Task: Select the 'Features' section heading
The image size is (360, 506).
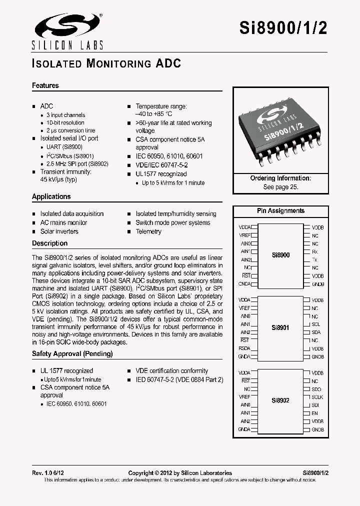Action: (45, 85)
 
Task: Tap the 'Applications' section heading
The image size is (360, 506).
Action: (51, 196)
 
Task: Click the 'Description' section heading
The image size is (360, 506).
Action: (49, 243)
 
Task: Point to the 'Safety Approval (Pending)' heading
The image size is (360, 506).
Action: (72, 353)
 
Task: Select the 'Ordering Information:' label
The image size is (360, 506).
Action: (280, 178)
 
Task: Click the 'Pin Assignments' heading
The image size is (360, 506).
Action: (280, 210)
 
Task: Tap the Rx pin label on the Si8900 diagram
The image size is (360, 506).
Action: (314, 251)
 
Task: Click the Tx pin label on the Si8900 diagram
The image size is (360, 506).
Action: (314, 260)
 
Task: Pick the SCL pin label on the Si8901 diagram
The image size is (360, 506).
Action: (315, 324)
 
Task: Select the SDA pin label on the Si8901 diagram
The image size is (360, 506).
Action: (315, 332)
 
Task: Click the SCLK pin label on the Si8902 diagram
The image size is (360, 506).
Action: (317, 397)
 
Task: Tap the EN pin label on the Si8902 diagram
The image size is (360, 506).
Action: (314, 413)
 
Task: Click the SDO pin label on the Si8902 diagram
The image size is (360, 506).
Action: (315, 389)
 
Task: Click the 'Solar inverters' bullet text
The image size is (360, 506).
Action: (59, 231)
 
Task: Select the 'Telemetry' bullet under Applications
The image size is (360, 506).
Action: (148, 231)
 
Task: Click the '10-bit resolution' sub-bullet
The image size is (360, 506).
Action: (65, 122)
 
